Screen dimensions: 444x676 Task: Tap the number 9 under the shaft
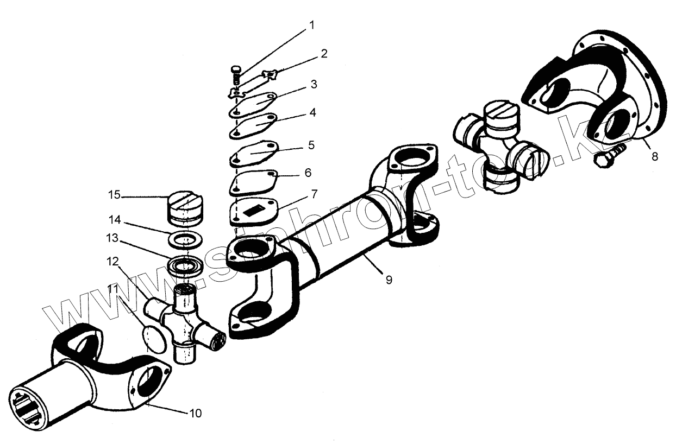(389, 280)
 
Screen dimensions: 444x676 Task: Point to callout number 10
(196, 414)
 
